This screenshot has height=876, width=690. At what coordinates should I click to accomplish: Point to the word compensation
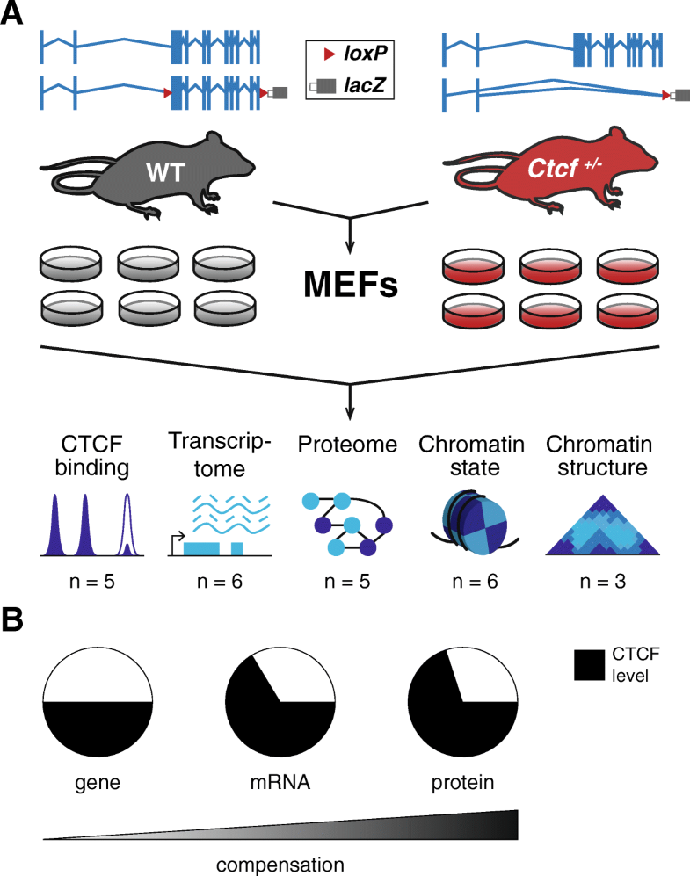point(280,861)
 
